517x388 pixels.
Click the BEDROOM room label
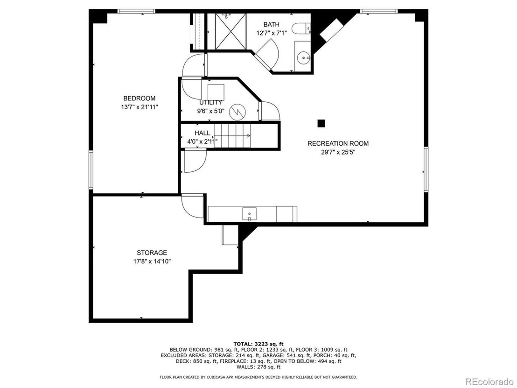point(139,99)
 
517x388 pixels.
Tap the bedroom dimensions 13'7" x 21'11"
point(140,107)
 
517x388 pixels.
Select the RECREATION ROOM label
point(338,143)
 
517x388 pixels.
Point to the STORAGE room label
point(152,253)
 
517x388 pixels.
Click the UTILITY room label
point(210,102)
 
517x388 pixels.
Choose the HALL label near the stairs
point(202,133)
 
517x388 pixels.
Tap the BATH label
point(272,24)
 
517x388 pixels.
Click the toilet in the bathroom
point(301,28)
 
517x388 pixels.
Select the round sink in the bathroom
point(303,58)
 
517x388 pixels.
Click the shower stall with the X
point(231,32)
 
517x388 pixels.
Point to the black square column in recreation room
point(321,123)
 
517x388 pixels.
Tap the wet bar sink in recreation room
point(249,214)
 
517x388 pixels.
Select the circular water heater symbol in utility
point(237,111)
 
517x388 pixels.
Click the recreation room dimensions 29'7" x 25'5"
point(338,152)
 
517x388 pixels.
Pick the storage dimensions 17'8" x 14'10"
point(152,261)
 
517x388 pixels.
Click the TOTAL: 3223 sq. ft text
point(258,344)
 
